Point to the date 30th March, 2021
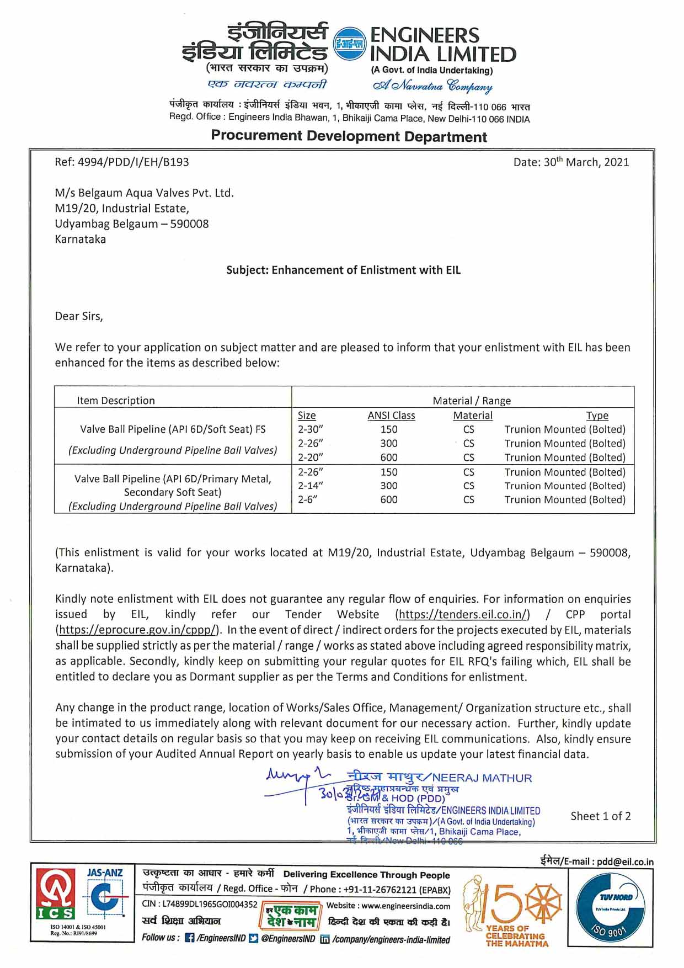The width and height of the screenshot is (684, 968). point(571,162)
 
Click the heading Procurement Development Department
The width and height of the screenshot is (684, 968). point(349,136)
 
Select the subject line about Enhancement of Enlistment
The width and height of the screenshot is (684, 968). point(343,270)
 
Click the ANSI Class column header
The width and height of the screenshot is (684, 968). point(391,416)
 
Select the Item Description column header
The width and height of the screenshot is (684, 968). point(116,401)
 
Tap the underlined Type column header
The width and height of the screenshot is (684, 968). point(597,416)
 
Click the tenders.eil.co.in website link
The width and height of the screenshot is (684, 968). point(463,615)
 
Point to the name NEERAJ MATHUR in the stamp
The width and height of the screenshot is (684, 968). point(482,778)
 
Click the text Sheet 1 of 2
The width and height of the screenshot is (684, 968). point(600,816)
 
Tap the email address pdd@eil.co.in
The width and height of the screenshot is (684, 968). point(626,861)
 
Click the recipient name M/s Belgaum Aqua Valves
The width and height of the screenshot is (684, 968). point(144,193)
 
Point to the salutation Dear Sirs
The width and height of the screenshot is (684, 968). point(79,316)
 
